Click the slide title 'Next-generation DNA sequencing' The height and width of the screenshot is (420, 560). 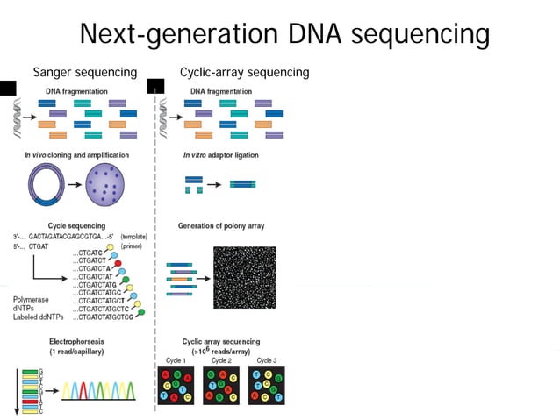284,34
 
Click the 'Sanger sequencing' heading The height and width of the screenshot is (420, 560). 84,72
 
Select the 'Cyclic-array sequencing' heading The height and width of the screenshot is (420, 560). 244,72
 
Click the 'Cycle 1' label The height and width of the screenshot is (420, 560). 176,360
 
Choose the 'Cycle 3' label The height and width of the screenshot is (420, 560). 267,360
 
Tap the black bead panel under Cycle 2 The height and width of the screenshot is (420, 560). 221,384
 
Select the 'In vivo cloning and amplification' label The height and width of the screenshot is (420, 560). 76,155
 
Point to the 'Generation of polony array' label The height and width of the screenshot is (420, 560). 221,225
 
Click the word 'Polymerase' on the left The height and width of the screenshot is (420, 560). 31,298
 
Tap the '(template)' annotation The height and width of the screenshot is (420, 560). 134,237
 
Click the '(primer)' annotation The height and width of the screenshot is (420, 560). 132,246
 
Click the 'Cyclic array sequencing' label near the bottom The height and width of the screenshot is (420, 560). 221,341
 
